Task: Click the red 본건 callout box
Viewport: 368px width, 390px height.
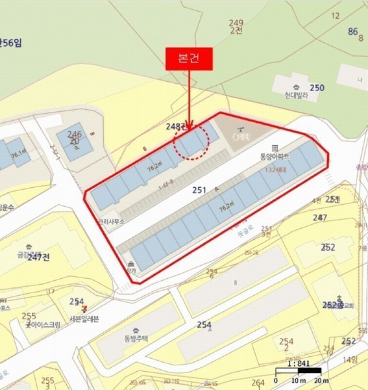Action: (x=190, y=58)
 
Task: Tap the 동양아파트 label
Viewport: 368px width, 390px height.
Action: (x=274, y=157)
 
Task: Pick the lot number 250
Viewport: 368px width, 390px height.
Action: (x=317, y=88)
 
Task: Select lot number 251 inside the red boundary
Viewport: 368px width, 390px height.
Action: (x=199, y=190)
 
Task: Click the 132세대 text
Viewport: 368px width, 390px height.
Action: (x=277, y=170)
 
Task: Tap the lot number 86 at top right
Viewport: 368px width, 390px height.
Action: (x=353, y=31)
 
